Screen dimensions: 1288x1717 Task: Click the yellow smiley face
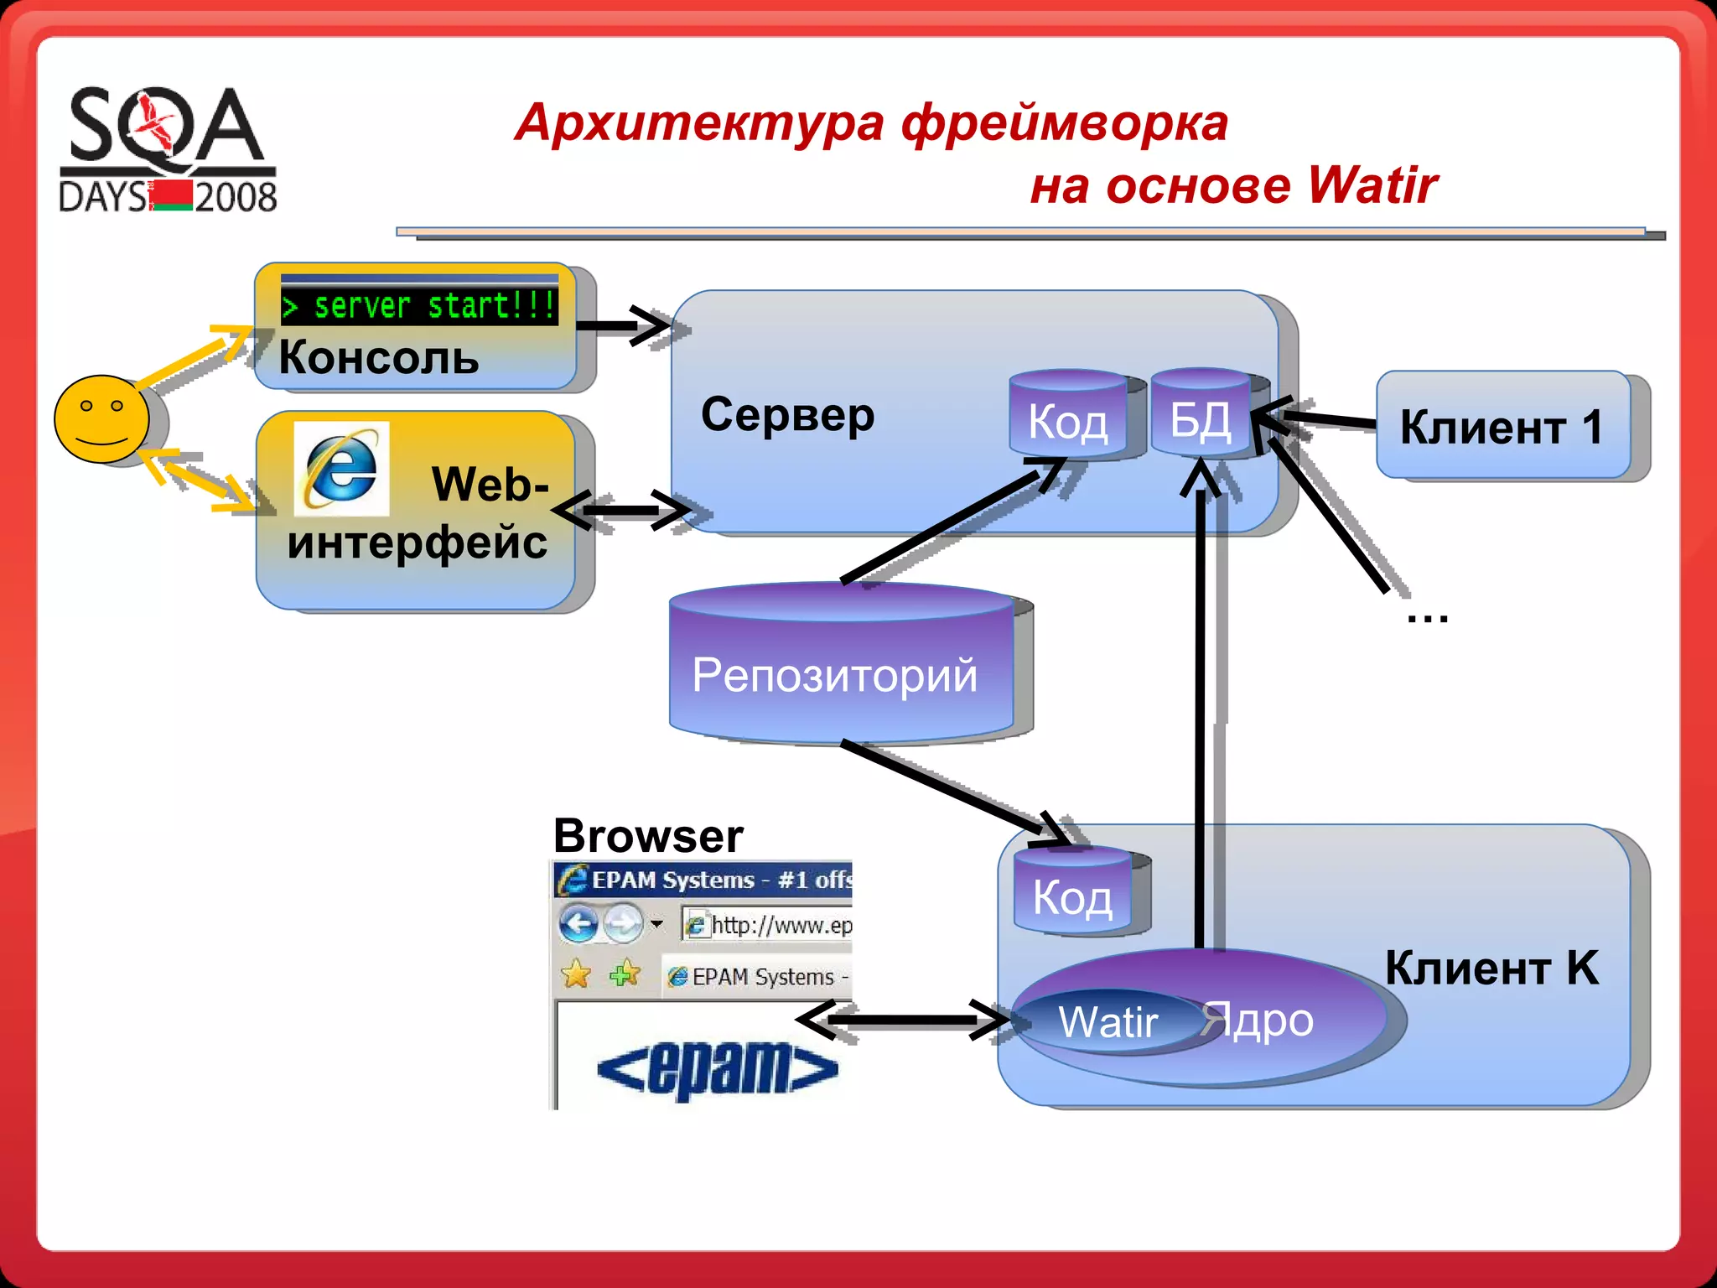click(101, 418)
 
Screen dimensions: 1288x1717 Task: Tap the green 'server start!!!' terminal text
click(419, 305)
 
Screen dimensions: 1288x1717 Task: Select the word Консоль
click(379, 358)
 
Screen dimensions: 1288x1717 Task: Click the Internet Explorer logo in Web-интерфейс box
click(341, 469)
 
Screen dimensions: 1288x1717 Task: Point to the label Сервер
click(787, 415)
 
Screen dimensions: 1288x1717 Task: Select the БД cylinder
click(1201, 415)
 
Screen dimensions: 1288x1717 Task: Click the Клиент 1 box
click(1502, 426)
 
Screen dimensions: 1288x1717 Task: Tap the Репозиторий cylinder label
click(834, 675)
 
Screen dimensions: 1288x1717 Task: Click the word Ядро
click(1258, 1021)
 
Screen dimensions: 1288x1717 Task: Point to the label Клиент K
click(1491, 968)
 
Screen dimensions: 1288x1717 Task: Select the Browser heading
click(648, 836)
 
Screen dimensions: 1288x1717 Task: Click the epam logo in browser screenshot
click(717, 1069)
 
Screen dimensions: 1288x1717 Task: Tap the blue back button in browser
click(578, 925)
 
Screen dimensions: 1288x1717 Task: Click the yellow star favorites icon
click(576, 974)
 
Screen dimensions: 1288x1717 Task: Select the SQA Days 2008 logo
click(168, 149)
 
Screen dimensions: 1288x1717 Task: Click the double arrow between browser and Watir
click(901, 1021)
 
